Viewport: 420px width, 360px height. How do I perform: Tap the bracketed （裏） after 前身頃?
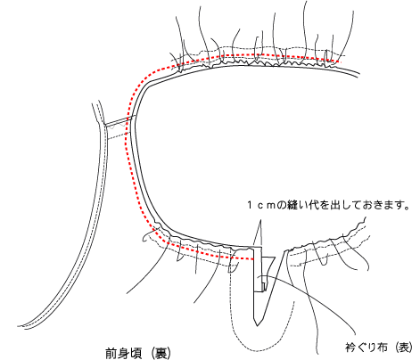coord(161,354)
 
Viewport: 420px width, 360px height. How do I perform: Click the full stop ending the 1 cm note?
coord(407,208)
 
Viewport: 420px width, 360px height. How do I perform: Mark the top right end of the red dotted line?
coord(340,61)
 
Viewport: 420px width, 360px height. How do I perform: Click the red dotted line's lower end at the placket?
coord(252,259)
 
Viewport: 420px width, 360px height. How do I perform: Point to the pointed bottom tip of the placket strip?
coord(258,325)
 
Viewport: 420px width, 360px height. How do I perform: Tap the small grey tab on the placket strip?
coord(263,286)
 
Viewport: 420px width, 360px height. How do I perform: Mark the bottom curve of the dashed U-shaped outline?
coord(261,347)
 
